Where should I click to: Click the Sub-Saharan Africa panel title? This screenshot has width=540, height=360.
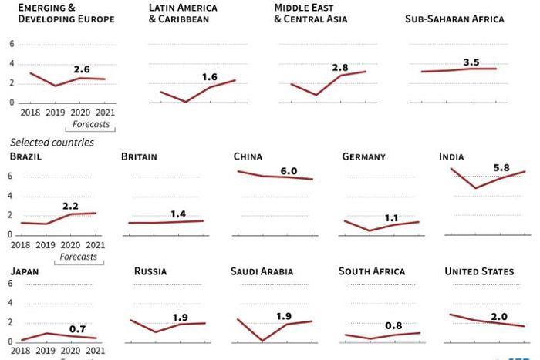click(x=454, y=19)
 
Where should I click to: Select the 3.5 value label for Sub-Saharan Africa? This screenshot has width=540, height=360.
click(x=471, y=62)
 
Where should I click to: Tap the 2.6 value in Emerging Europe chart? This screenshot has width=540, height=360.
click(x=82, y=69)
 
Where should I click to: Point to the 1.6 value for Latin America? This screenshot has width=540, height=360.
click(x=210, y=77)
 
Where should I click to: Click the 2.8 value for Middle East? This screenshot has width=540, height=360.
click(x=340, y=68)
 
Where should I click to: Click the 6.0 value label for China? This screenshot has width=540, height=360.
click(x=289, y=170)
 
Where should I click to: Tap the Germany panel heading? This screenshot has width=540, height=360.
click(x=363, y=156)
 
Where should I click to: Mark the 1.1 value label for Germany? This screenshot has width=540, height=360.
click(x=391, y=218)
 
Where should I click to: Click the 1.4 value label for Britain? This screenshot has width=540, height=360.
click(x=178, y=214)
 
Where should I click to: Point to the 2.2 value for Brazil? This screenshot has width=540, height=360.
click(x=70, y=206)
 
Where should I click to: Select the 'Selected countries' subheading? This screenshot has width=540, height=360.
click(x=52, y=143)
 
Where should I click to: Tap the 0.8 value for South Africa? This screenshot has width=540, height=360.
click(x=393, y=325)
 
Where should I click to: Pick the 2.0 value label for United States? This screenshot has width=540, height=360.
click(x=499, y=317)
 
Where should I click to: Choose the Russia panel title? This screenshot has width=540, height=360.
click(x=150, y=271)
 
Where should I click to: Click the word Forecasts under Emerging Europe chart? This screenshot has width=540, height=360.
click(x=91, y=124)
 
